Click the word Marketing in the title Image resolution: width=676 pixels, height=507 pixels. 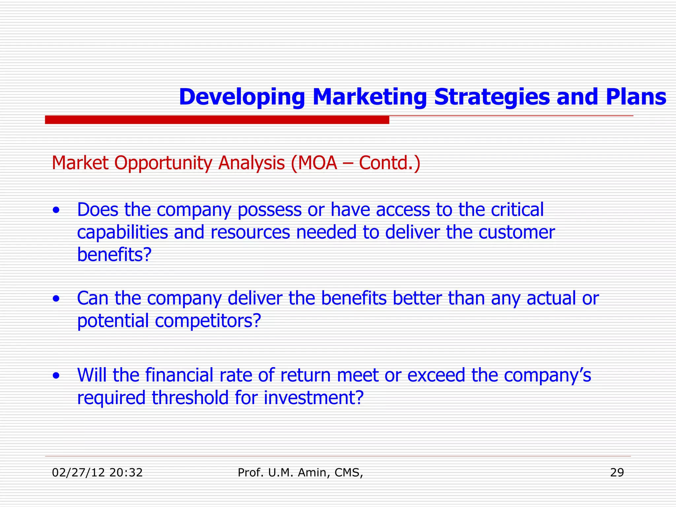[369, 97]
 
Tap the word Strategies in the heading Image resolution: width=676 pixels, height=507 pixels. [492, 97]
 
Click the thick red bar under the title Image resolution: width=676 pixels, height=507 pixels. [217, 120]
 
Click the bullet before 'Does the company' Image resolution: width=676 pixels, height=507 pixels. [56, 210]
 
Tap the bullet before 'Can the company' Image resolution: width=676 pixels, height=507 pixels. [56, 299]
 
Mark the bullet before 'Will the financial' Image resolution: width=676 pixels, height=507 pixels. [56, 376]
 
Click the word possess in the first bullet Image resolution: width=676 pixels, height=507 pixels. [269, 210]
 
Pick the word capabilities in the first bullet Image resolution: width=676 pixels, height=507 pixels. [122, 232]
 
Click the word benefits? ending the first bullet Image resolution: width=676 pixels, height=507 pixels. [114, 254]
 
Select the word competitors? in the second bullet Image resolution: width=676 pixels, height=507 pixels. [208, 321]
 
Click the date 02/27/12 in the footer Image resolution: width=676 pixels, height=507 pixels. [78, 473]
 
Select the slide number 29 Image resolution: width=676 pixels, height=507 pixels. [617, 473]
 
